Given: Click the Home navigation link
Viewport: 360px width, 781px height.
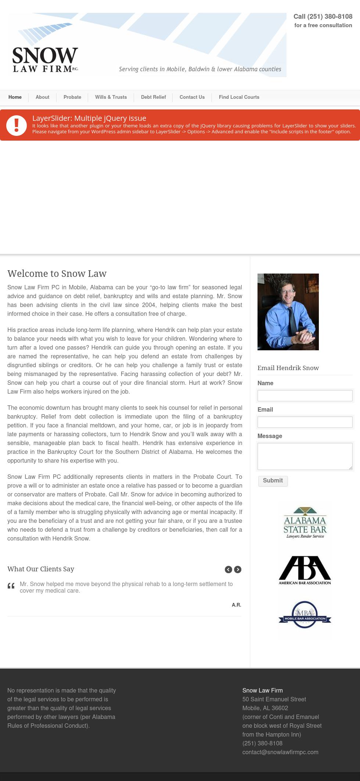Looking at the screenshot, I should point(15,97).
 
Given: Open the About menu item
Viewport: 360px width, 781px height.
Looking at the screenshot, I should point(42,97).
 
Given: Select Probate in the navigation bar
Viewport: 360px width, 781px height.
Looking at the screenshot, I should point(72,97).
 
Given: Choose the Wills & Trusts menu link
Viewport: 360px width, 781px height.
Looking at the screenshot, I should point(111,97).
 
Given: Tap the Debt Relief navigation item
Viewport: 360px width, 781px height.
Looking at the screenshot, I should point(153,97).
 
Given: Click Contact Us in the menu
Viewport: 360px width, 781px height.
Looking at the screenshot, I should point(192,97).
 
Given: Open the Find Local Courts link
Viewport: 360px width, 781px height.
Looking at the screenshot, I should point(239,97).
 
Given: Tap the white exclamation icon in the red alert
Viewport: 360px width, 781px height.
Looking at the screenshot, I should point(17,125).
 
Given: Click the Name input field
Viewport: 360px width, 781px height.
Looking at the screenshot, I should point(305,395).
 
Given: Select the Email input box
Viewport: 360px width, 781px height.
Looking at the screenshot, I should point(305,422).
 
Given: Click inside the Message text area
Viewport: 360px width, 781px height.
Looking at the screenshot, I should point(305,456).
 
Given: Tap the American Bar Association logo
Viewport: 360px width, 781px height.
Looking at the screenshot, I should point(305,570).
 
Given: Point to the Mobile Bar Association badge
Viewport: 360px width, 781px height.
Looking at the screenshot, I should point(305,615).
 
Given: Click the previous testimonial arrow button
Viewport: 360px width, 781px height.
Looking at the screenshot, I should point(228,570).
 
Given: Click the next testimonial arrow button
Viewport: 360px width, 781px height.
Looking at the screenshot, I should point(238,570).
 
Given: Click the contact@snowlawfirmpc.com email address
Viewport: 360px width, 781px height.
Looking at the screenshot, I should point(280,752).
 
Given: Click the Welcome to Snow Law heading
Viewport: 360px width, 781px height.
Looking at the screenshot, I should point(57,274).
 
